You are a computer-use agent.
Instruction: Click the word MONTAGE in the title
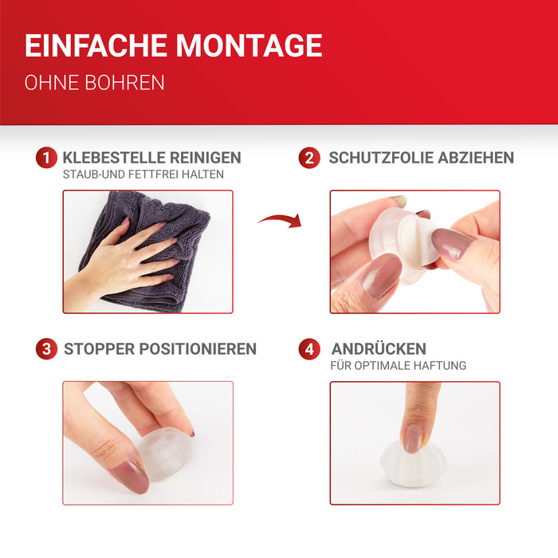click(x=249, y=45)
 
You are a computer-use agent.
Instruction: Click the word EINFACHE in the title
click(x=96, y=45)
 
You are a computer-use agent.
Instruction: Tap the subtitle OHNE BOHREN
click(x=94, y=83)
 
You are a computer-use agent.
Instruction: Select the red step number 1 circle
click(x=46, y=157)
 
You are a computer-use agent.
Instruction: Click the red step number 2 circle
click(x=309, y=157)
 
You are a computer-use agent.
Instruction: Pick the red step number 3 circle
click(x=46, y=349)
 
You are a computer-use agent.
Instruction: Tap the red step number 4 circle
click(x=309, y=349)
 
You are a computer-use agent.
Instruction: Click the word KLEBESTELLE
click(x=114, y=158)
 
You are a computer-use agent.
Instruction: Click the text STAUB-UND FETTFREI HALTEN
click(x=143, y=175)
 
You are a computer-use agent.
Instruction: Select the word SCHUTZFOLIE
click(x=381, y=158)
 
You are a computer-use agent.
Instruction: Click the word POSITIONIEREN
click(x=198, y=349)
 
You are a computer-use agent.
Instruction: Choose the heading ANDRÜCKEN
click(x=379, y=348)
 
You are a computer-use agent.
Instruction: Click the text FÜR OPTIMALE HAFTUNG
click(x=399, y=365)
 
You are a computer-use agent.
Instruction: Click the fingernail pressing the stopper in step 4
click(x=413, y=438)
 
